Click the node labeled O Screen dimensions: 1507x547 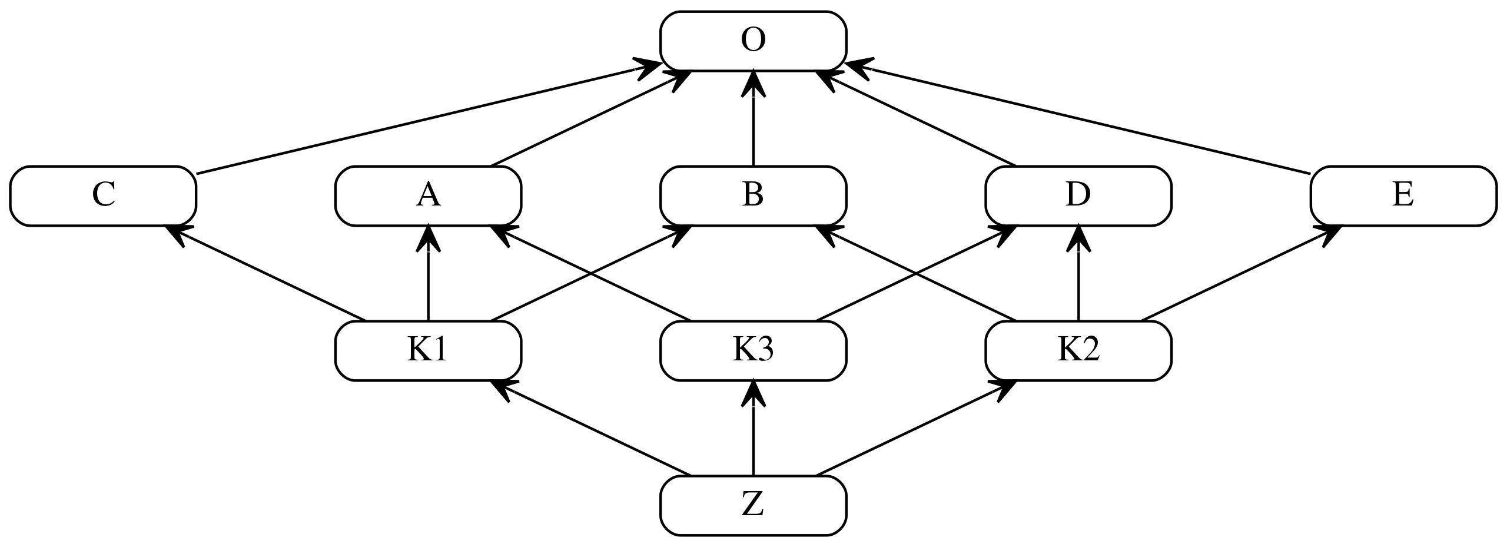[753, 41]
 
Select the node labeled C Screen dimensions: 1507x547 [103, 195]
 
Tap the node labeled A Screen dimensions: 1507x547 [428, 195]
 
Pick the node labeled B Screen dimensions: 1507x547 [753, 195]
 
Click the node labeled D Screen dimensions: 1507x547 [1078, 195]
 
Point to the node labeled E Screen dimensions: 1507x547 [1403, 195]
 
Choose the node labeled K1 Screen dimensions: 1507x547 [428, 351]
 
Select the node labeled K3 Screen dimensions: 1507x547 [753, 351]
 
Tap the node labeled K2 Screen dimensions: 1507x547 [1078, 351]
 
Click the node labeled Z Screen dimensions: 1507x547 [753, 506]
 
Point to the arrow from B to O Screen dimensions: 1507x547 [753, 118]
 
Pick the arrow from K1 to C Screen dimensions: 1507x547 [265, 273]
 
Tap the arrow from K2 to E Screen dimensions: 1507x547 [1241, 273]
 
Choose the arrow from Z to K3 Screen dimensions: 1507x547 [753, 429]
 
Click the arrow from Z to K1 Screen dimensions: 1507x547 [590, 429]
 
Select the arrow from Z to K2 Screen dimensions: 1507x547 [916, 429]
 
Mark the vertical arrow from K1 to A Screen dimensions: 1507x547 [428, 273]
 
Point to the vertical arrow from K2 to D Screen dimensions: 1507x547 [1078, 273]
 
